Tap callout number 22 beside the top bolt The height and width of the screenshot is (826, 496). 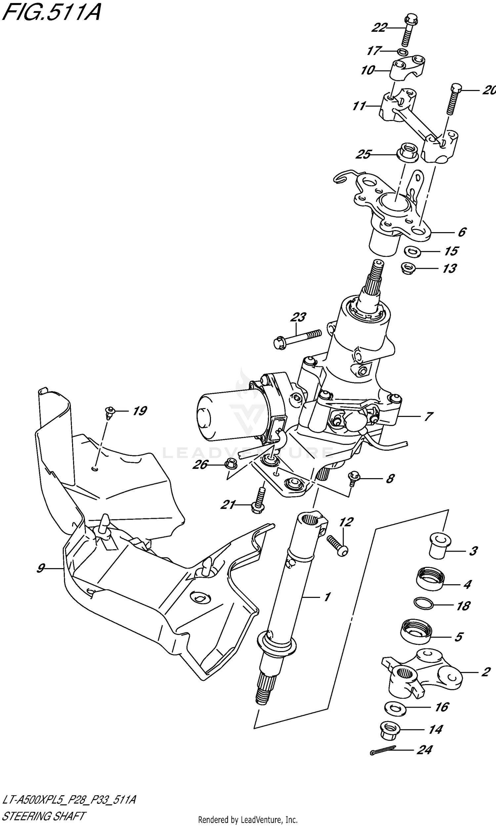379,27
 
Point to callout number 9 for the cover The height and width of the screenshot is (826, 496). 40,568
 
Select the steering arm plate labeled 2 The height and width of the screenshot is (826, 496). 421,673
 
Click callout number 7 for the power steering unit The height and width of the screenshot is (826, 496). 428,416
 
